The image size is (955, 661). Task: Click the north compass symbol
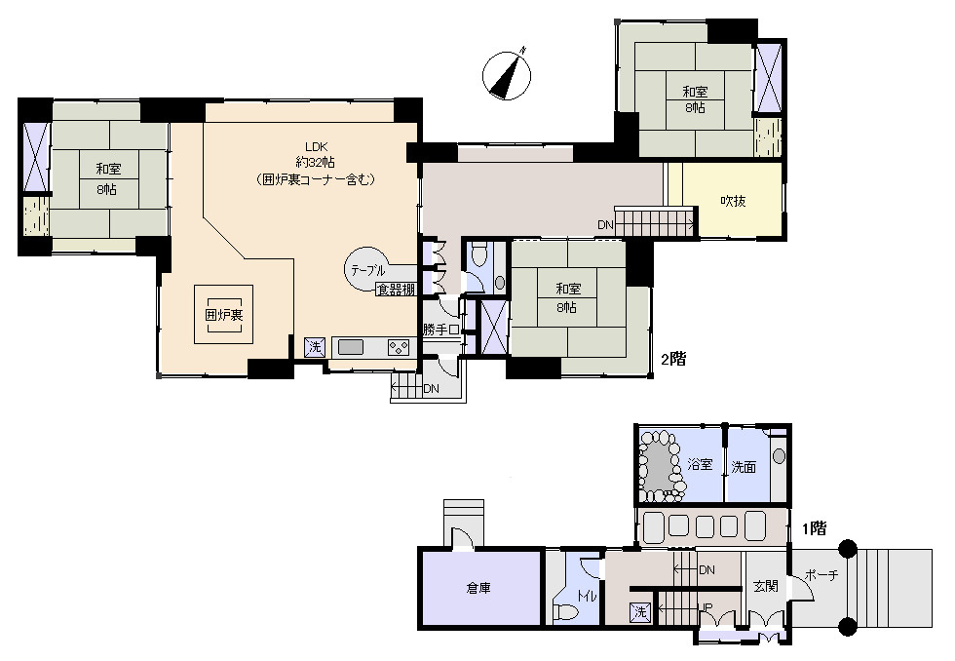[x=507, y=75]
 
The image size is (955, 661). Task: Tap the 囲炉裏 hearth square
[x=223, y=314]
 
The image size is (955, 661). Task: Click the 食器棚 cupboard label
[x=396, y=290]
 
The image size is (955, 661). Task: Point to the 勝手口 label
[x=440, y=330]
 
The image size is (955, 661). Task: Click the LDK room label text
[x=316, y=146]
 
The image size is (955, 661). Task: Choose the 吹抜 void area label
[x=733, y=201]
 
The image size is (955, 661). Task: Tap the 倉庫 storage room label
[x=478, y=588]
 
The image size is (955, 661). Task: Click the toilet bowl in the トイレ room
[x=565, y=611]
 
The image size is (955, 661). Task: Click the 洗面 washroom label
[x=744, y=467]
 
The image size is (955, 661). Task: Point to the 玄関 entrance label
[x=766, y=586]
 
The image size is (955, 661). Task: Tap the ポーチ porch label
[x=821, y=574]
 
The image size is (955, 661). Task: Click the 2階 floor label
[x=673, y=359]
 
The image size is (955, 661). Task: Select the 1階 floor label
[x=814, y=528]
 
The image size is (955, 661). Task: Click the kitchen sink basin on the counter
[x=350, y=347]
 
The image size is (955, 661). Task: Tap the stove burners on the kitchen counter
[x=399, y=347]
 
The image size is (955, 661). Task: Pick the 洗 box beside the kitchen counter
[x=314, y=347]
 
